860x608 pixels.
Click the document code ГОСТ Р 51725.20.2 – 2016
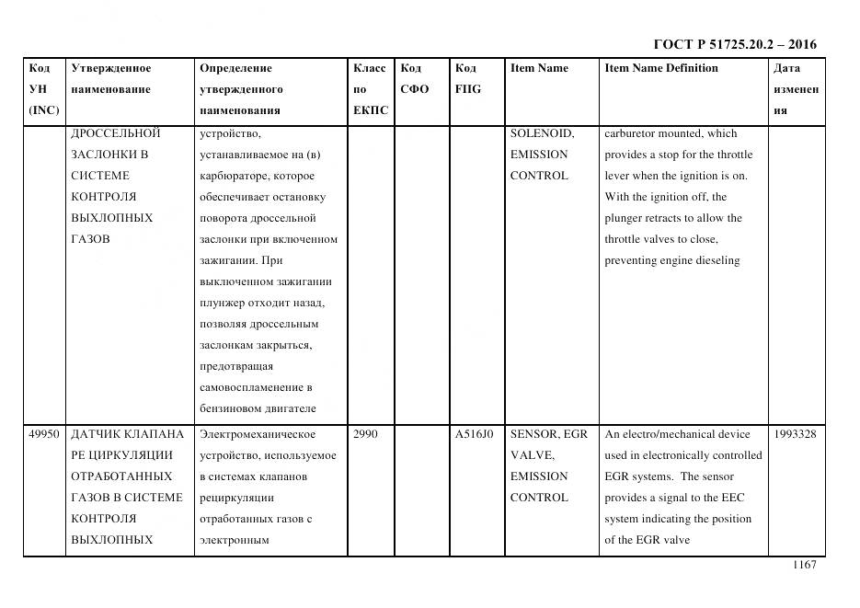(734, 44)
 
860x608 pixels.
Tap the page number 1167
(804, 565)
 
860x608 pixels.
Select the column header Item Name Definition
(660, 68)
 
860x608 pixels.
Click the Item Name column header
(539, 68)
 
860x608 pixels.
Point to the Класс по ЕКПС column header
(370, 89)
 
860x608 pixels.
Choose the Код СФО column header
(415, 79)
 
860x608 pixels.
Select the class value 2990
(365, 434)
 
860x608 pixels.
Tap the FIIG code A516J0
(474, 434)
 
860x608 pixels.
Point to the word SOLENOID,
(542, 133)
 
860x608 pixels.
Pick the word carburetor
(633, 133)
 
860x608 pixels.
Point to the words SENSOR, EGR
(548, 434)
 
